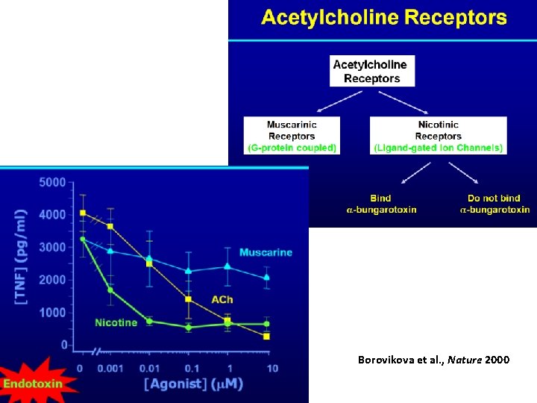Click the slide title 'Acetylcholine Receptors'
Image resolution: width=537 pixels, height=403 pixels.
click(384, 18)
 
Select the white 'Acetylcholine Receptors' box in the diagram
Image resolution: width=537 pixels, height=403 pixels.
click(372, 72)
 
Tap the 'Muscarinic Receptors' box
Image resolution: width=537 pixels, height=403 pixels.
click(292, 136)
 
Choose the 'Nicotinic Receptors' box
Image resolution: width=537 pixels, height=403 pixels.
click(439, 136)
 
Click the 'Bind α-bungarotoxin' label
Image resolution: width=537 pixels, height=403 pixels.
click(381, 204)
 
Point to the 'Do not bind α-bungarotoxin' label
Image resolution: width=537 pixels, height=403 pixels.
click(494, 204)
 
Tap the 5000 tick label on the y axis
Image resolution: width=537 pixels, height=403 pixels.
click(52, 181)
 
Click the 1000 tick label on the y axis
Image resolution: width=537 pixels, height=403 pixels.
click(52, 312)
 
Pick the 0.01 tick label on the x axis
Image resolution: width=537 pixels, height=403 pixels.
click(151, 368)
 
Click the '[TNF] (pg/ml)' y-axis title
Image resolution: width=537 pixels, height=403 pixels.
click(22, 256)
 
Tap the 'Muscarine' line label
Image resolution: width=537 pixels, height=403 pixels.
click(266, 252)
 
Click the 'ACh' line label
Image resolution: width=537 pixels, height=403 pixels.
click(221, 299)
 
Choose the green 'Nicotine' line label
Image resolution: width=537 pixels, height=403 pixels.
click(116, 322)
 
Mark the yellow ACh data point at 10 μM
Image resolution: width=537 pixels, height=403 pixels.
click(266, 336)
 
